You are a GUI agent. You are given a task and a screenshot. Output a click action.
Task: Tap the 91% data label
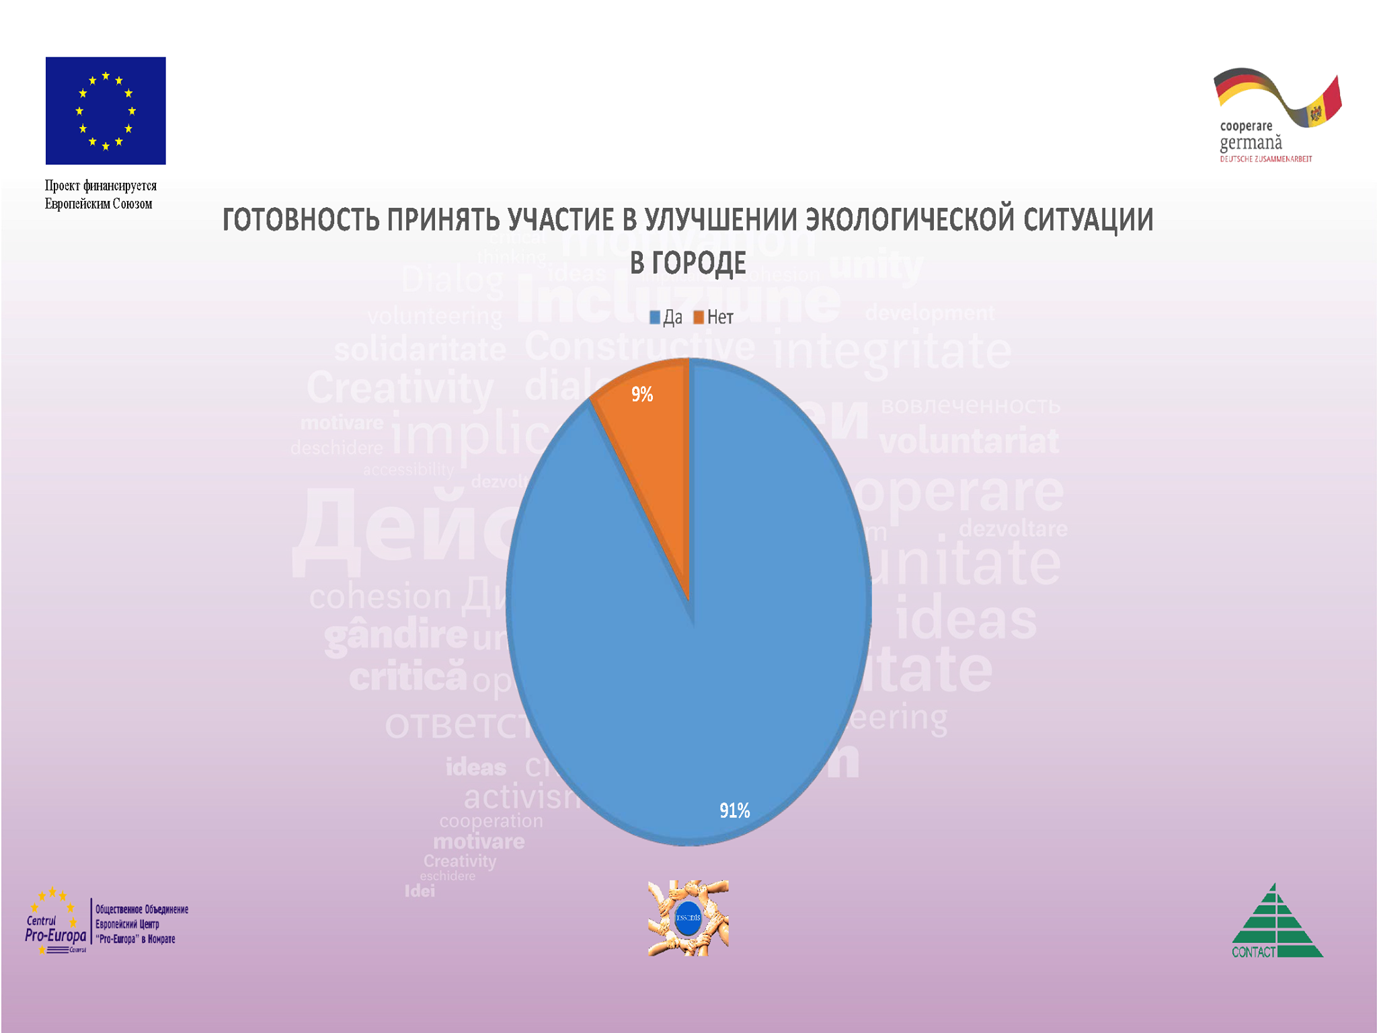[x=734, y=810]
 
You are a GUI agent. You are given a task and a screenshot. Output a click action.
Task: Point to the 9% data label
[x=642, y=394]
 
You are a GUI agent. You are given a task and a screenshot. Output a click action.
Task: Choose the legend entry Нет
[x=713, y=317]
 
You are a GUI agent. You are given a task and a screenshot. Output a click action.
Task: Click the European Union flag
[x=106, y=110]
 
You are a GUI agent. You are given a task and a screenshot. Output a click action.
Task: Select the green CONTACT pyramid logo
[x=1276, y=921]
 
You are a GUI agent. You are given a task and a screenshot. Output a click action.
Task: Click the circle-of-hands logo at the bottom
[x=688, y=918]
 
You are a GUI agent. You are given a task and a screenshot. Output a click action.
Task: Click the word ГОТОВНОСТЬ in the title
[x=301, y=221]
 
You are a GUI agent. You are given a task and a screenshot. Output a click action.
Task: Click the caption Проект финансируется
[x=101, y=186]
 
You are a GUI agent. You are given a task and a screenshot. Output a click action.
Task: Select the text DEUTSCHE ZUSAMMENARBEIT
[x=1266, y=159]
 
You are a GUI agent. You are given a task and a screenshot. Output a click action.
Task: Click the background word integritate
[x=892, y=351]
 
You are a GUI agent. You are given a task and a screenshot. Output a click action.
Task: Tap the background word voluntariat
[x=969, y=442]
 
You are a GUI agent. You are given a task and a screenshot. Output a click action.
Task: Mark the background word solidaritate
[x=420, y=350]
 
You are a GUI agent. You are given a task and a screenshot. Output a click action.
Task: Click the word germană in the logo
[x=1251, y=143]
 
